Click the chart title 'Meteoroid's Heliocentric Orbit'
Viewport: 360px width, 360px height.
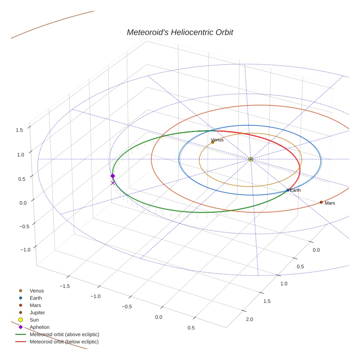click(x=180, y=32)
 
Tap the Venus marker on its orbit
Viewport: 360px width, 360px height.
click(x=213, y=142)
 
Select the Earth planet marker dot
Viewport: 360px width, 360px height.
click(x=288, y=190)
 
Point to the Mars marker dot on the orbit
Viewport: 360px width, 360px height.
click(x=321, y=202)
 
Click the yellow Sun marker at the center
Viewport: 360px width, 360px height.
click(x=251, y=159)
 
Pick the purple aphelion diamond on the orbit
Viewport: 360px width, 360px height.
click(x=113, y=176)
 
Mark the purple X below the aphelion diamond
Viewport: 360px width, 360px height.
click(x=113, y=183)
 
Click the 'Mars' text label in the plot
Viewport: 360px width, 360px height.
click(x=330, y=203)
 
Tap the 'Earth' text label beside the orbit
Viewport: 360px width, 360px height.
click(x=295, y=190)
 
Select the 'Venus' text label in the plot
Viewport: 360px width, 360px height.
click(x=217, y=140)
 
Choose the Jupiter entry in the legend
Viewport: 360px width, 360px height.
click(x=37, y=312)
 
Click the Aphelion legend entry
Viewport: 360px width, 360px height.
click(x=40, y=327)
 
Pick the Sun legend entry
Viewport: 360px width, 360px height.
click(x=34, y=320)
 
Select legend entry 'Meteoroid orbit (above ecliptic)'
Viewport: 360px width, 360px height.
click(x=64, y=334)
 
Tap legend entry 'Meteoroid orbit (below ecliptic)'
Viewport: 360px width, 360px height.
click(x=64, y=342)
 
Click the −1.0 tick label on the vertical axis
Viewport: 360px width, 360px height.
click(x=25, y=250)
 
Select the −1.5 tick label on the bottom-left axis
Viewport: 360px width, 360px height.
click(x=64, y=286)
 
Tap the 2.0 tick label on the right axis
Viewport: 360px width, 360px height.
click(x=250, y=319)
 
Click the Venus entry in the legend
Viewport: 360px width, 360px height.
click(x=37, y=290)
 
